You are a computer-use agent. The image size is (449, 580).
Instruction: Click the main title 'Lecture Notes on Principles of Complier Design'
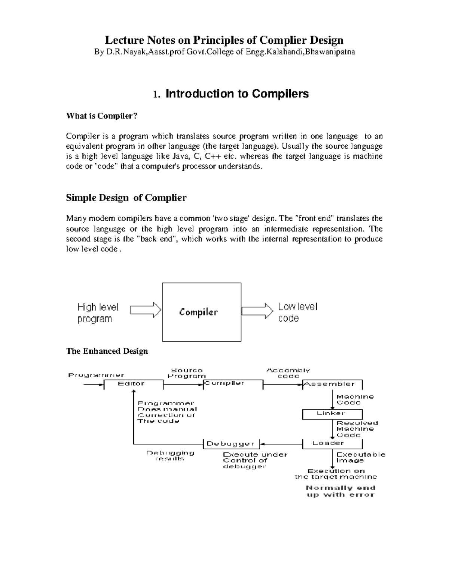(224, 40)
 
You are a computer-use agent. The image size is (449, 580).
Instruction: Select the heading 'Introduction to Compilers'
(236, 93)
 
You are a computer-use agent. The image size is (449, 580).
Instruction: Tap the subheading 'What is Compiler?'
(102, 116)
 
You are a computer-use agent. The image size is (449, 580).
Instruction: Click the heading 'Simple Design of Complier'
(126, 198)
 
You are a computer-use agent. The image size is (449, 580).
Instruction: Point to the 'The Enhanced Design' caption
(107, 351)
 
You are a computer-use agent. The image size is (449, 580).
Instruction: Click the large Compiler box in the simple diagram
(201, 312)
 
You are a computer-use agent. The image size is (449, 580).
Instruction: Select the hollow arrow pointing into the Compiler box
(145, 310)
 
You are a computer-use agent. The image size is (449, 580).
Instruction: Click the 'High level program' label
(98, 313)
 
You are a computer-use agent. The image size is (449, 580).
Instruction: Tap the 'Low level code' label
(297, 312)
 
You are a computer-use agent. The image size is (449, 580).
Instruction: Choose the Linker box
(332, 413)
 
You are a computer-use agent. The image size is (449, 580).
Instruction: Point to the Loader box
(332, 443)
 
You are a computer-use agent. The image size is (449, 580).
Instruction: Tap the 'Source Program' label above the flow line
(186, 373)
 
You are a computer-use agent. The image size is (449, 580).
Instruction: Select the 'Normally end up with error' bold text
(340, 491)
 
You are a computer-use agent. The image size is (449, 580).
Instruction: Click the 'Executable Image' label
(360, 458)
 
